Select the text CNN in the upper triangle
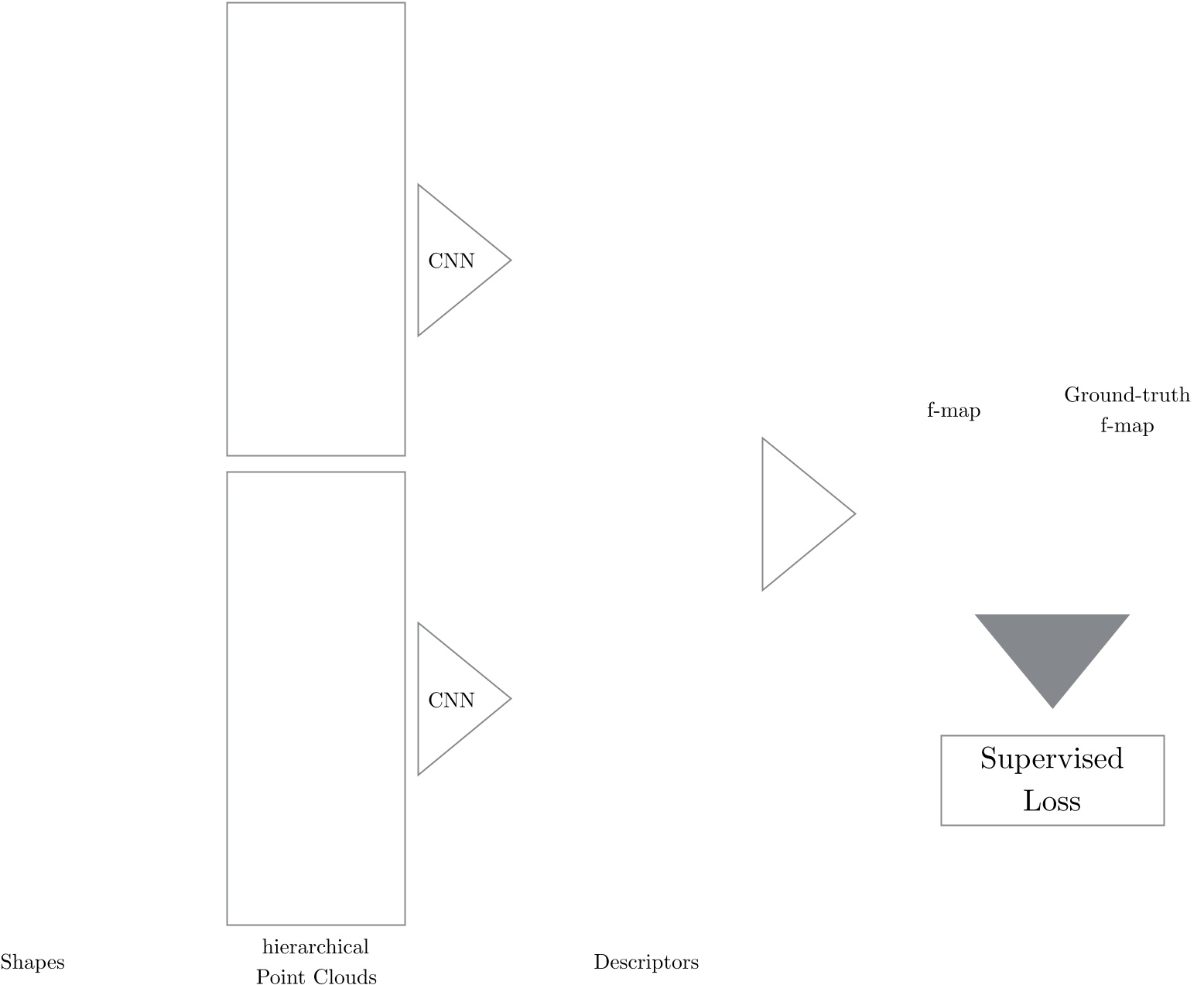point(451,261)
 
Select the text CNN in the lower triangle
point(451,700)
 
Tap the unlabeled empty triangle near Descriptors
point(797,514)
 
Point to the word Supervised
point(1052,759)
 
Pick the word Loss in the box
point(1052,801)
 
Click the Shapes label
point(32,963)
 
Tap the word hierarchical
point(316,947)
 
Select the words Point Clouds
point(316,977)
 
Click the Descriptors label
point(646,963)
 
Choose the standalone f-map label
point(953,411)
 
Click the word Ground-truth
point(1127,395)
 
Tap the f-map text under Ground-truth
point(1127,426)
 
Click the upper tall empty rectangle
point(316,229)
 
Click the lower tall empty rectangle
point(316,698)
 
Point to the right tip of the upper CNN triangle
point(509,260)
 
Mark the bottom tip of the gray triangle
point(1052,705)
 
